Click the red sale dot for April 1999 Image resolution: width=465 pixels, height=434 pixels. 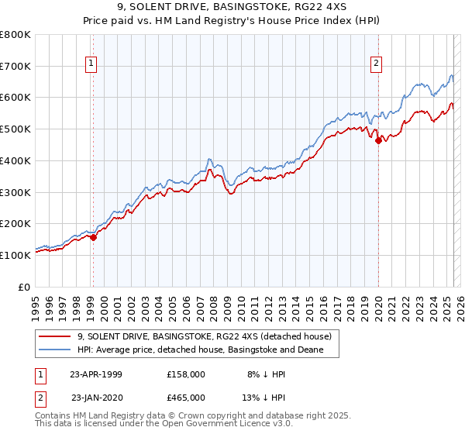tap(93, 237)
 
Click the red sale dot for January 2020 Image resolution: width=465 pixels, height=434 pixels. tap(378, 140)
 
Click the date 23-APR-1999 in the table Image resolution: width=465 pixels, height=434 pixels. tap(95, 374)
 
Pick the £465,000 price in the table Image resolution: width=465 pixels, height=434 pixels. tap(186, 397)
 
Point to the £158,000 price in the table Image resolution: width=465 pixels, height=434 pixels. tap(186, 374)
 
